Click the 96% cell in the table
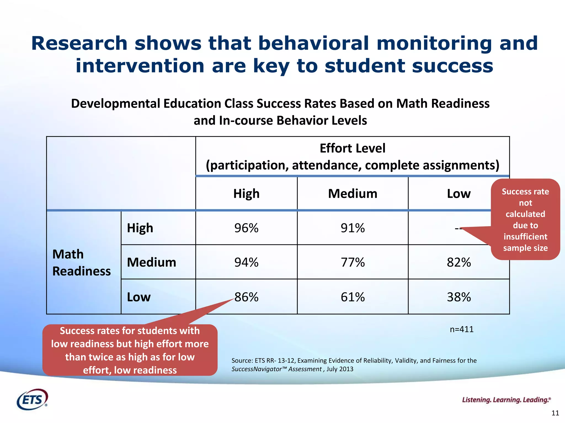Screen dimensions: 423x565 tap(246, 228)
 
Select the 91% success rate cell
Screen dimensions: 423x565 tap(353, 228)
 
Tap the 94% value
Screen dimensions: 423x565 tap(246, 262)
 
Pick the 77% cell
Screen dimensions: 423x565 tap(353, 262)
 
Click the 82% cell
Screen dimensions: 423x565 tap(459, 262)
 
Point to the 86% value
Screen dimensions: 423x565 tap(246, 297)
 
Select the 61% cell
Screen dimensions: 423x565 tap(353, 297)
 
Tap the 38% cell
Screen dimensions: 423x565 tap(459, 297)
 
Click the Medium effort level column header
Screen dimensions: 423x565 tap(353, 194)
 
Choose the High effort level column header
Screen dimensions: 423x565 tap(246, 194)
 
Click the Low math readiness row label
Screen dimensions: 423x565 tap(139, 297)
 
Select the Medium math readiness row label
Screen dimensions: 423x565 tap(151, 262)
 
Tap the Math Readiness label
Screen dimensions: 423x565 tap(81, 262)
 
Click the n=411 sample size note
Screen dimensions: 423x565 tap(462, 329)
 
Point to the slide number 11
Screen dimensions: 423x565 tap(555, 413)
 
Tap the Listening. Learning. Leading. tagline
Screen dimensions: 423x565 tap(506, 400)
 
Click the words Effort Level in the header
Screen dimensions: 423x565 tap(352, 148)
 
